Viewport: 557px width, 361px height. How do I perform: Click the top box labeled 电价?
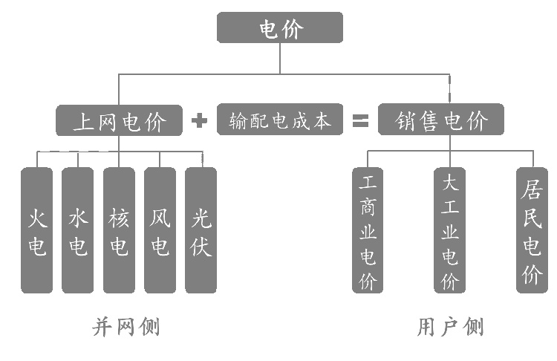click(x=279, y=27)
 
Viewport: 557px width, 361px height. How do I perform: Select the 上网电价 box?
click(x=119, y=120)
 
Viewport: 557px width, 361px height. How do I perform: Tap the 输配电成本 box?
click(x=280, y=120)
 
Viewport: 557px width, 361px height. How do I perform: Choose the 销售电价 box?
click(x=440, y=120)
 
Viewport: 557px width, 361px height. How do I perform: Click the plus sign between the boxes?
click(x=199, y=120)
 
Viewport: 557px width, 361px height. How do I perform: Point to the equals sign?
click(x=360, y=120)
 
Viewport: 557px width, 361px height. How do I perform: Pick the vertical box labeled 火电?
click(x=36, y=230)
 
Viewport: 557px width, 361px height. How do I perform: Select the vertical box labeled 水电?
click(x=77, y=230)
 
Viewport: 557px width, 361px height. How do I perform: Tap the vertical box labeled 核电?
click(x=119, y=230)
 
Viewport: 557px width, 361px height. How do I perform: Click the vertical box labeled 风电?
click(x=160, y=230)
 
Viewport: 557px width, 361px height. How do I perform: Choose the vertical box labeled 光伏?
click(x=201, y=230)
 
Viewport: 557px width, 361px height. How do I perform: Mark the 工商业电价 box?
click(x=368, y=230)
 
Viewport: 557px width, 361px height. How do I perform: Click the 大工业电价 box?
click(x=449, y=230)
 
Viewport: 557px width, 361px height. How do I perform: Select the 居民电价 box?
click(x=532, y=230)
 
